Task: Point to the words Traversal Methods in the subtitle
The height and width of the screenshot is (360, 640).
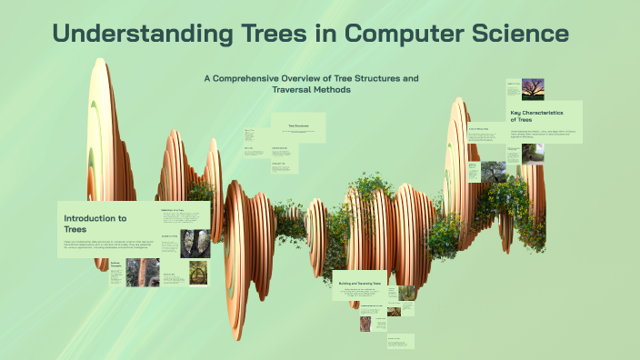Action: (311, 90)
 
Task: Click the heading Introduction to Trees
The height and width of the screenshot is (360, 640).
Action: (95, 224)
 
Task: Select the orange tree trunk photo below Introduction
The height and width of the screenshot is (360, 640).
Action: (143, 271)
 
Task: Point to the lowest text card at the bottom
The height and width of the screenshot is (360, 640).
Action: (400, 344)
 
